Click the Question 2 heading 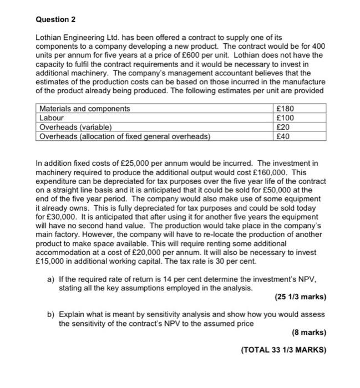click(55, 19)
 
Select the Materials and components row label click(84, 109)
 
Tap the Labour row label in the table click(52, 118)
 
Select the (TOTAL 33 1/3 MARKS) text click(283, 350)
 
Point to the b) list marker click(51, 314)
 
